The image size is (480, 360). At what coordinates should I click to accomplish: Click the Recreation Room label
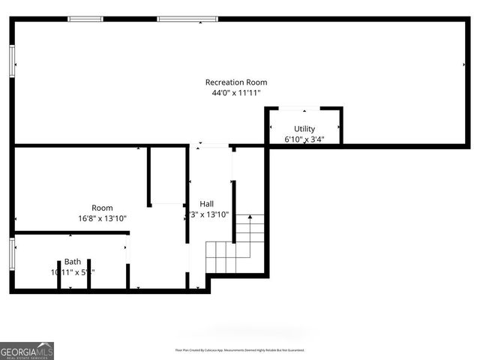pos(236,82)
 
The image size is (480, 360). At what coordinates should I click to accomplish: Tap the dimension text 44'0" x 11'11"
pos(236,93)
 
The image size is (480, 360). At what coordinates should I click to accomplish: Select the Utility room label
pos(304,129)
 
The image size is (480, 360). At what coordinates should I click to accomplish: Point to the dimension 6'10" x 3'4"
pos(304,139)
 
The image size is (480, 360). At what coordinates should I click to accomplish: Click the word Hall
pos(206,204)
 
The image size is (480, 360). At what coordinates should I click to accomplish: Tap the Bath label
pos(72,262)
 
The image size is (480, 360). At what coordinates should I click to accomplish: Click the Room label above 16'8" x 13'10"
pos(102,208)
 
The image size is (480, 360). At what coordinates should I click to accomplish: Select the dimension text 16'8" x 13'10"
pos(102,218)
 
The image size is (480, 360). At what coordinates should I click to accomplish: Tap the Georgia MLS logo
pos(27,351)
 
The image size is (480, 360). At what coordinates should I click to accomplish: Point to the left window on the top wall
pos(85,19)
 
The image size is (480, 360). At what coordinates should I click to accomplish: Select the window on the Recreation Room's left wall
pos(12,60)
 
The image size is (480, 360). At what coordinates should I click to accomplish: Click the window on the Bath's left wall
pos(12,253)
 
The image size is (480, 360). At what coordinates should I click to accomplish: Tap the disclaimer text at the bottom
pos(239,350)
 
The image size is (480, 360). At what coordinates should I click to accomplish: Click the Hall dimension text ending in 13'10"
pos(208,214)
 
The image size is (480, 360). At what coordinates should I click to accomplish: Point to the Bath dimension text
pos(72,272)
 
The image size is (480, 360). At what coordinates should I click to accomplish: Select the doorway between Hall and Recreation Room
pos(208,145)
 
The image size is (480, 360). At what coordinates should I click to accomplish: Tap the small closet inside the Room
pos(166,176)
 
